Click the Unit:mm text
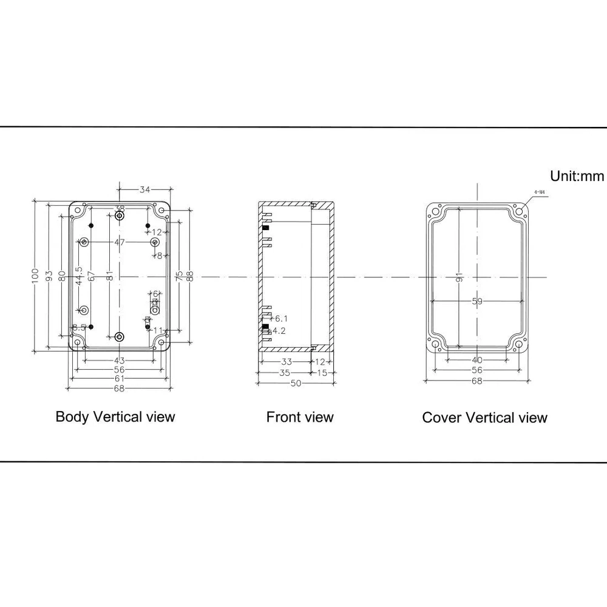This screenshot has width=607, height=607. [x=577, y=176]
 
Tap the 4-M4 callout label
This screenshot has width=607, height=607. [x=540, y=193]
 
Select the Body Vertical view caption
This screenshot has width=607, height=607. [x=115, y=416]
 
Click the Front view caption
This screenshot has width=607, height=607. [x=300, y=417]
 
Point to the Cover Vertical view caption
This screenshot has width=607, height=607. [x=484, y=418]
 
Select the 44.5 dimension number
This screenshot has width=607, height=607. [x=78, y=276]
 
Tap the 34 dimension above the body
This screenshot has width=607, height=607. [x=144, y=190]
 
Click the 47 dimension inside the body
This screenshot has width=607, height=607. [x=119, y=242]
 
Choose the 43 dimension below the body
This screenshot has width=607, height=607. [x=120, y=361]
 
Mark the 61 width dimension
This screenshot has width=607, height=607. [x=119, y=378]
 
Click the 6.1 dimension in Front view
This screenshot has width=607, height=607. [x=281, y=319]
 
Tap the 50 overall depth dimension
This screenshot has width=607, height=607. [x=296, y=383]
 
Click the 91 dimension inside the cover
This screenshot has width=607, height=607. [x=459, y=276]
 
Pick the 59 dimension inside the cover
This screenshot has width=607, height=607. [x=478, y=300]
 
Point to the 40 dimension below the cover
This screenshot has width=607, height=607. [x=477, y=361]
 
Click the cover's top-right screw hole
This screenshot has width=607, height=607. [x=520, y=212]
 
